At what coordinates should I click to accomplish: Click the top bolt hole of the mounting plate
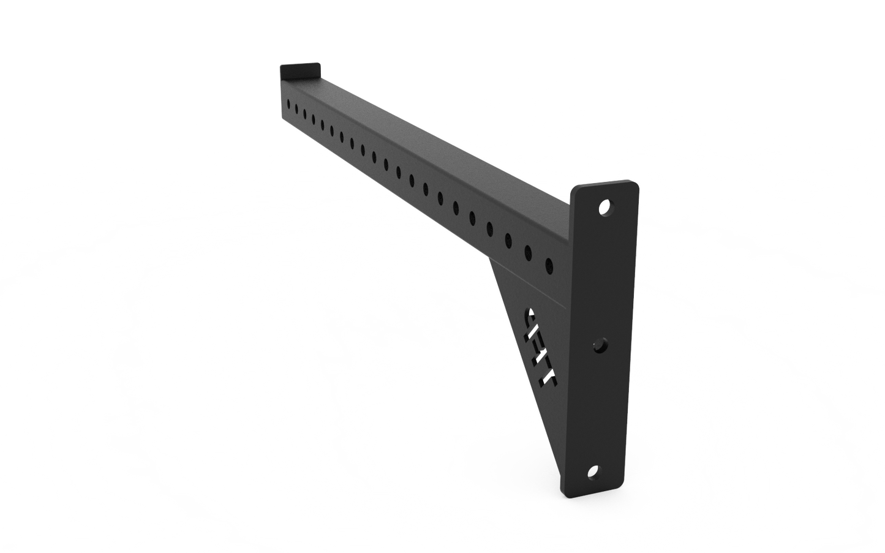tap(605, 208)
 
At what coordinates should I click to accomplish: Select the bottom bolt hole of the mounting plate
tap(592, 472)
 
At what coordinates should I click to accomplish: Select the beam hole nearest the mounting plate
tap(549, 265)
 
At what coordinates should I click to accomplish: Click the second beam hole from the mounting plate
tap(529, 252)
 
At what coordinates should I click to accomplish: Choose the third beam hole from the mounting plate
tap(508, 240)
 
